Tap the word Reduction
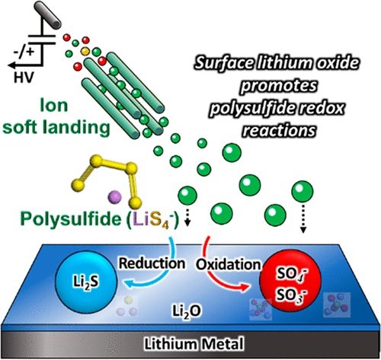click(152, 263)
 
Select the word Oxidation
click(229, 265)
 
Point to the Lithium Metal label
click(194, 344)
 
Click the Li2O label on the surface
click(187, 311)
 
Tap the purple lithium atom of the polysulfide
click(115, 197)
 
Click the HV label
click(24, 78)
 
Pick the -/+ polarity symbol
click(24, 52)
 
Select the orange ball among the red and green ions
click(85, 52)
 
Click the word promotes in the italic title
click(279, 86)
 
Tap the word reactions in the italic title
click(279, 130)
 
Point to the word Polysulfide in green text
click(71, 218)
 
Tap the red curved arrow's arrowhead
click(245, 288)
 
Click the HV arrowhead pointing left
click(12, 65)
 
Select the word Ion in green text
click(54, 106)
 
